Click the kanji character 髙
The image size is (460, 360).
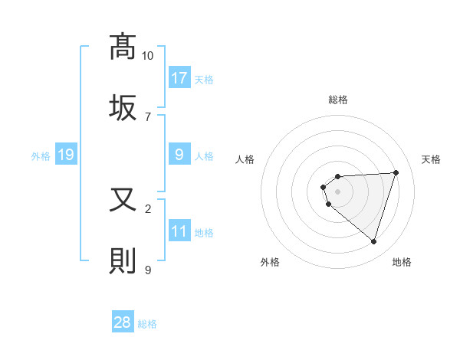(x=123, y=47)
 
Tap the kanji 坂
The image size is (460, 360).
(x=123, y=108)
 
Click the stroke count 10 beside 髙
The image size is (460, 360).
(x=148, y=56)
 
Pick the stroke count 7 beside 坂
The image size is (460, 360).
(x=148, y=116)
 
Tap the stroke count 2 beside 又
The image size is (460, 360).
(x=148, y=208)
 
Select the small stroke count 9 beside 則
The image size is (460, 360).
(x=148, y=270)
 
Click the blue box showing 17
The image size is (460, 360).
(x=179, y=78)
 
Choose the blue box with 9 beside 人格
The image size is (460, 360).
(x=179, y=155)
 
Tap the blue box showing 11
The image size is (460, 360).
(x=179, y=231)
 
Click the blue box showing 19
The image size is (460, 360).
(x=66, y=155)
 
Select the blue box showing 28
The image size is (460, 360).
(x=123, y=322)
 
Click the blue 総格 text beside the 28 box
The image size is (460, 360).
(x=147, y=324)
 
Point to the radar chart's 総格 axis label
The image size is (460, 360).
(x=337, y=100)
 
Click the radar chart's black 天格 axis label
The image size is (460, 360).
(x=431, y=159)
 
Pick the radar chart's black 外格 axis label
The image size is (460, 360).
(x=270, y=262)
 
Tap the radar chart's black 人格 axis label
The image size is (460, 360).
(x=245, y=159)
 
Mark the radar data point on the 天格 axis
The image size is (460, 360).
(x=396, y=172)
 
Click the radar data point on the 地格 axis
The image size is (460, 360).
(x=373, y=241)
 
